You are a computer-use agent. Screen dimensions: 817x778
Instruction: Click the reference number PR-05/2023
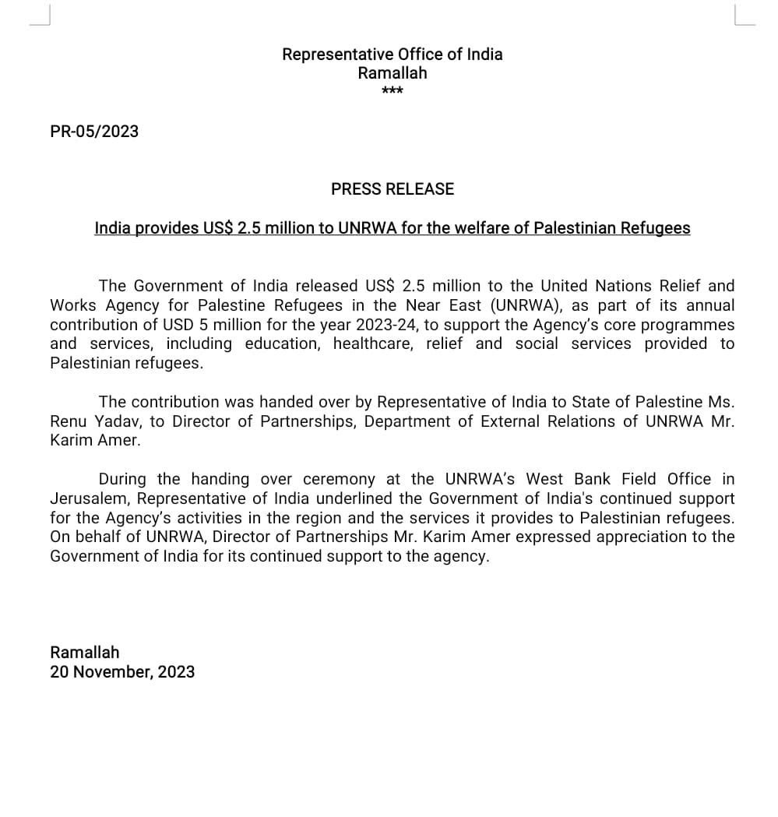click(94, 131)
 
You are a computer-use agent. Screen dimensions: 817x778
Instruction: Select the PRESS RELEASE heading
click(393, 188)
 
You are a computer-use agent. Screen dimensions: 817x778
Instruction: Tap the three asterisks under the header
click(393, 92)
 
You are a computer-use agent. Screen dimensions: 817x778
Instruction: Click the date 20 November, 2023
click(122, 671)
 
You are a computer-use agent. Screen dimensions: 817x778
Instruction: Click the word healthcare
click(373, 343)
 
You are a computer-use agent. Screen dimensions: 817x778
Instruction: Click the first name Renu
click(68, 421)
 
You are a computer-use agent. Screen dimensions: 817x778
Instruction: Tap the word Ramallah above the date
click(85, 652)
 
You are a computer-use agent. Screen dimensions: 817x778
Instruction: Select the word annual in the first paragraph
click(709, 305)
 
